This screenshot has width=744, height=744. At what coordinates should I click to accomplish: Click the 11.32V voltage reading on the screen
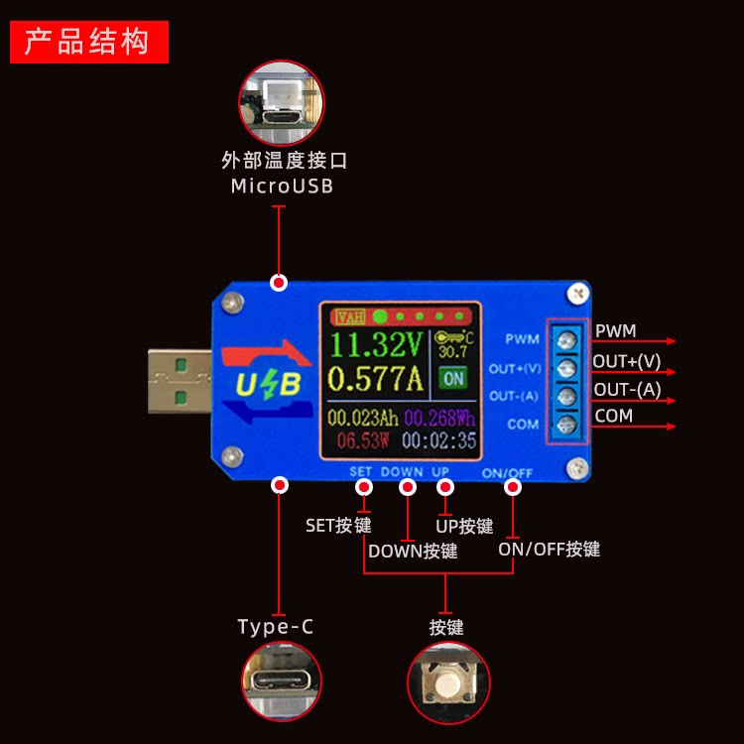377,345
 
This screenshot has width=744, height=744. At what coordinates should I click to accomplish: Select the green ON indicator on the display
453,378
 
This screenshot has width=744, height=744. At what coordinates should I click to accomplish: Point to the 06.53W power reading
362,440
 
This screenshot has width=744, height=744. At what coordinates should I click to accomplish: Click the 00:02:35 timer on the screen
438,440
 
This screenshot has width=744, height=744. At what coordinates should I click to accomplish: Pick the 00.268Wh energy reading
439,418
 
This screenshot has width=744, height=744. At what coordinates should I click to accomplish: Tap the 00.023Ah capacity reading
362,418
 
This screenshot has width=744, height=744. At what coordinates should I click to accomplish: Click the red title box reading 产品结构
89,42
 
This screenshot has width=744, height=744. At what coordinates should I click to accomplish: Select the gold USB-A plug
179,382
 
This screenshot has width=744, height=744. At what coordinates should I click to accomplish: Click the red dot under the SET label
362,487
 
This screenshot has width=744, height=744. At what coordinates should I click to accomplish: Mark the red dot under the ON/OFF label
513,487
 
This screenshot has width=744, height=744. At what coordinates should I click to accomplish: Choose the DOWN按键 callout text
413,552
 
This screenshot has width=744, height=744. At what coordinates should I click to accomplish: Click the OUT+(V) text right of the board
627,361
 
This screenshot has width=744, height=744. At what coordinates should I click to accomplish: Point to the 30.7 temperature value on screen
452,352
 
